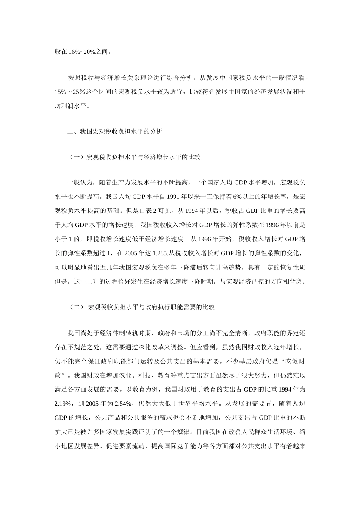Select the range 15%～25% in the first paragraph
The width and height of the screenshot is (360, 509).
click(x=70, y=92)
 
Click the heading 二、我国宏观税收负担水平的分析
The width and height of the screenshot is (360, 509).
click(x=115, y=132)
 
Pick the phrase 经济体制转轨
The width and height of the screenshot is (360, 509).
click(x=116, y=333)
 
